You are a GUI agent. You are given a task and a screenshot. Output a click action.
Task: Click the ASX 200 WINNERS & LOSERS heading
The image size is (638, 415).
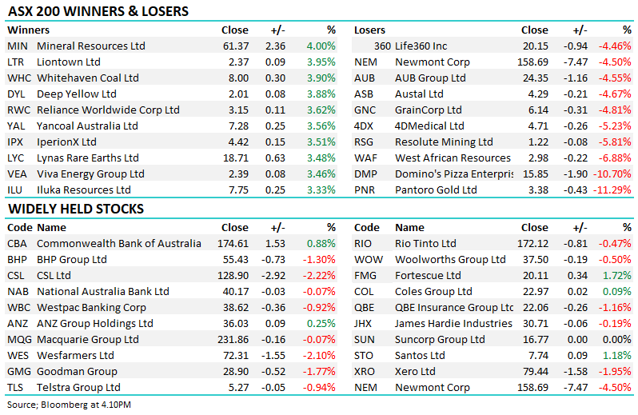(98, 11)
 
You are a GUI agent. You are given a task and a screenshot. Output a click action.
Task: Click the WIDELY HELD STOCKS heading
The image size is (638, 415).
(75, 209)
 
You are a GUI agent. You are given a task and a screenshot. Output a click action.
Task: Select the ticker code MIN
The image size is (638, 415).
(17, 46)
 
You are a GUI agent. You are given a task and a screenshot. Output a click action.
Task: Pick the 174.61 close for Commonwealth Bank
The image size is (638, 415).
(232, 243)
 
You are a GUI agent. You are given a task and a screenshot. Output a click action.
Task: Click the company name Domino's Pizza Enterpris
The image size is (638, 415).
(453, 174)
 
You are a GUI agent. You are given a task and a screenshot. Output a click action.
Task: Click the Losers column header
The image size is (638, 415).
(369, 30)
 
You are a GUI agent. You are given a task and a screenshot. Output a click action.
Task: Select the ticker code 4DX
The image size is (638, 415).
(365, 126)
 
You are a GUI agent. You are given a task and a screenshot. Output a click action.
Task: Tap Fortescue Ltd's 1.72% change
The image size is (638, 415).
(618, 275)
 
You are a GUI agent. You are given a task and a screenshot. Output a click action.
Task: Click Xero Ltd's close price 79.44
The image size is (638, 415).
(535, 371)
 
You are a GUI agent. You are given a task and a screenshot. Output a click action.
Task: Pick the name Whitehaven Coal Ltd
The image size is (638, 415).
(88, 78)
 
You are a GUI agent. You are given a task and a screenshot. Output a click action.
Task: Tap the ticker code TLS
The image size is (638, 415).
(16, 387)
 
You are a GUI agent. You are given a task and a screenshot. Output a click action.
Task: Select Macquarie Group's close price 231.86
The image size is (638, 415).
(232, 339)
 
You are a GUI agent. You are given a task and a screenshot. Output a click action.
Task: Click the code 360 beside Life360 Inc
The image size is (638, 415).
(381, 46)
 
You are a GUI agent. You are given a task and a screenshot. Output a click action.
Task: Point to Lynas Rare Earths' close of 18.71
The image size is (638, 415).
(234, 158)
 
